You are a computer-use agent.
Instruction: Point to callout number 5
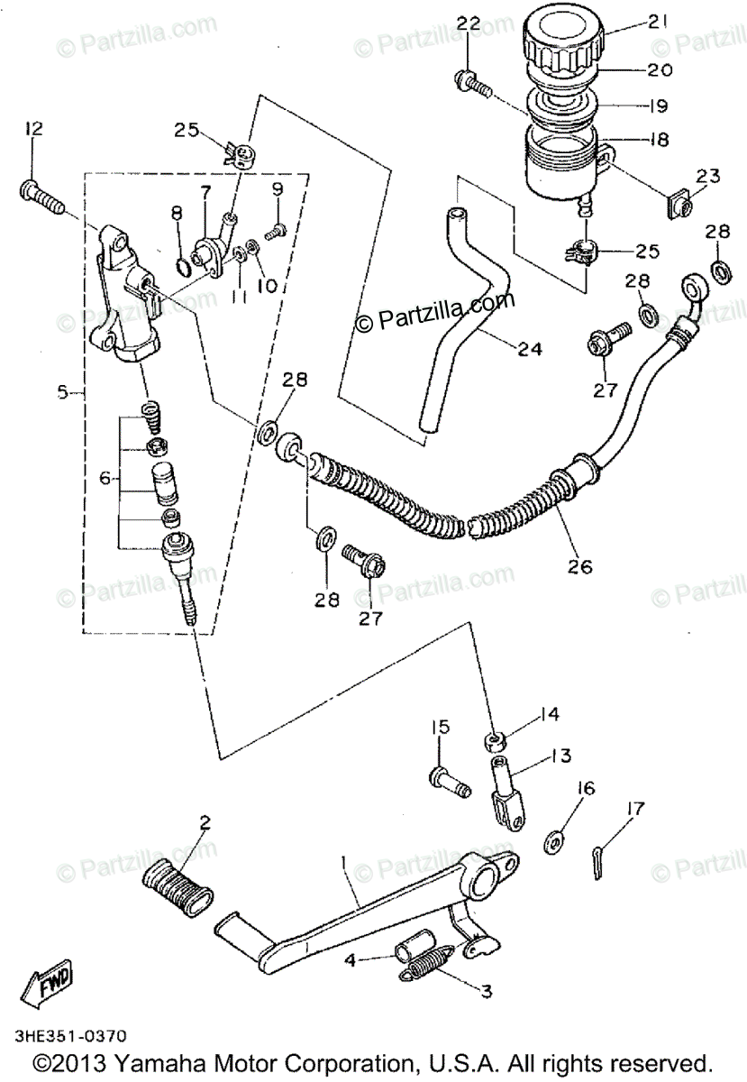coord(62,391)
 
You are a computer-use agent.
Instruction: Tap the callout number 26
coord(580,566)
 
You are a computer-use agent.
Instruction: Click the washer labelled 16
coord(554,840)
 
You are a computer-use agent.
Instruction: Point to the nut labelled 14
coord(495,742)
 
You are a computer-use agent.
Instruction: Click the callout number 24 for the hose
coord(530,348)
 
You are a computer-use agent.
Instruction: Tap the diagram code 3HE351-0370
coord(70,1035)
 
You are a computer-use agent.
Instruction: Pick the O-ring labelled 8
coord(182,265)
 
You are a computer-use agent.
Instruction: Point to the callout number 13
coord(561,756)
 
